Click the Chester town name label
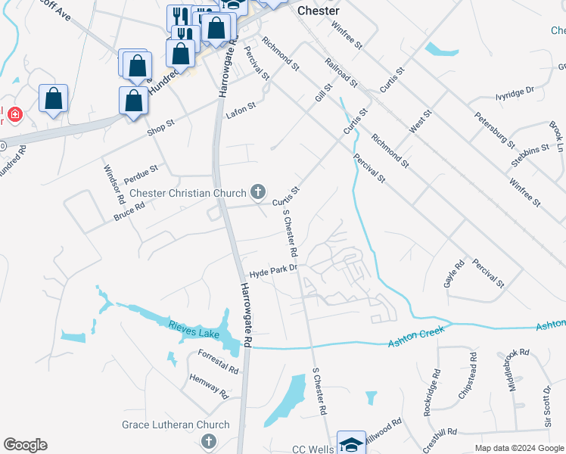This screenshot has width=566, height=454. tap(318, 11)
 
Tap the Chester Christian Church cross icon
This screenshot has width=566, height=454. tap(259, 192)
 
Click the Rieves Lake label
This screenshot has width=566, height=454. tap(194, 331)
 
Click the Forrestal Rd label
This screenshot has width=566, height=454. tap(218, 361)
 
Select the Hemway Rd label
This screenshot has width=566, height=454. tap(209, 387)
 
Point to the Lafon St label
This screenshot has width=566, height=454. tap(241, 113)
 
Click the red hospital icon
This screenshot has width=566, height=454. tap(14, 115)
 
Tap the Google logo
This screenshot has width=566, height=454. tap(25, 445)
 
